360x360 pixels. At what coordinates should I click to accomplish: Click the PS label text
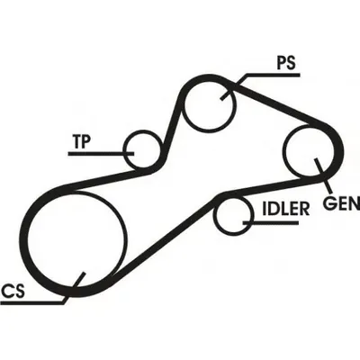pyautogui.click(x=286, y=64)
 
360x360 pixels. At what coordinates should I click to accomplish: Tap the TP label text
pyautogui.click(x=82, y=141)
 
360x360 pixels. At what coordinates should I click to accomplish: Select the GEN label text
pyautogui.click(x=341, y=202)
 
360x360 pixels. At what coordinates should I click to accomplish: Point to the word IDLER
pyautogui.click(x=286, y=209)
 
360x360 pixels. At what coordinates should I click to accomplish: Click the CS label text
pyautogui.click(x=13, y=291)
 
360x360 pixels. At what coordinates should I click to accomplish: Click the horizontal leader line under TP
pyautogui.click(x=101, y=154)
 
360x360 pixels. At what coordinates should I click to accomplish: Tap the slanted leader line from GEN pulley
pyautogui.click(x=323, y=175)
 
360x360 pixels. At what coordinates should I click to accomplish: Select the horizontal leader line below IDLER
pyautogui.click(x=270, y=222)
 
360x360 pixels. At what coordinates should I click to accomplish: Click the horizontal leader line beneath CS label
pyautogui.click(x=32, y=302)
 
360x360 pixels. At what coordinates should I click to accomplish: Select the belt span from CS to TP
pyautogui.click(x=105, y=179)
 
